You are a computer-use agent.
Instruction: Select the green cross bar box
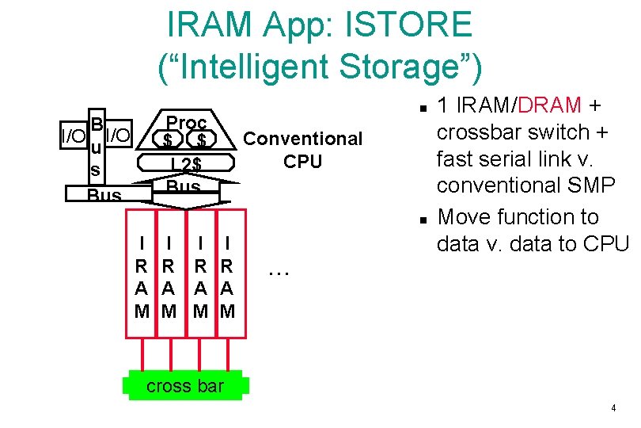[x=185, y=386]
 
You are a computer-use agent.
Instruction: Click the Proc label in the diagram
[x=188, y=123]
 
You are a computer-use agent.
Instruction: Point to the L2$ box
[x=187, y=164]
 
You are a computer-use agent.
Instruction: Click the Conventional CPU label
[x=302, y=150]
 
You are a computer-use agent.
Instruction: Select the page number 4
[x=613, y=408]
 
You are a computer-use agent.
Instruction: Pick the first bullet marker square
[x=423, y=106]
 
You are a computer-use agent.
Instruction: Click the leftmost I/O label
[x=73, y=136]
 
